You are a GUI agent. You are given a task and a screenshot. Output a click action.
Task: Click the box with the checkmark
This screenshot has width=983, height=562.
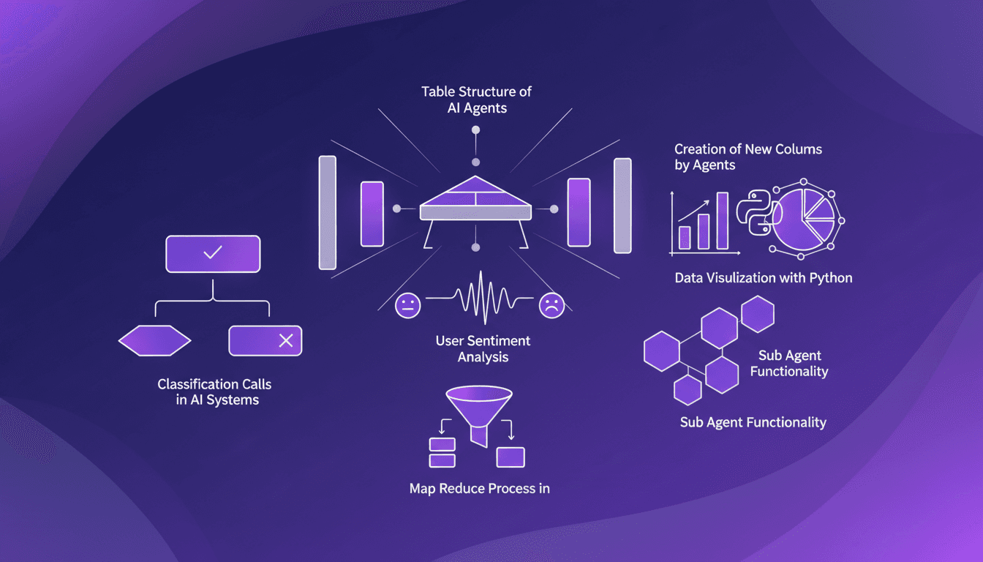click(213, 254)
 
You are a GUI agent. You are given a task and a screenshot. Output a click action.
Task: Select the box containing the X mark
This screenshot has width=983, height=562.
click(265, 340)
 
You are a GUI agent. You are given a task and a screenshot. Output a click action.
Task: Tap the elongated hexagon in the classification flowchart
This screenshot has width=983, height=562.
click(154, 340)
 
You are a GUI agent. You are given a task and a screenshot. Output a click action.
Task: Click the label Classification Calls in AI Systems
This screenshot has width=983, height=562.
click(219, 392)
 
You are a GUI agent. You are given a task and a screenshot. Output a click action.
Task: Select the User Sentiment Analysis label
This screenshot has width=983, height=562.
click(483, 349)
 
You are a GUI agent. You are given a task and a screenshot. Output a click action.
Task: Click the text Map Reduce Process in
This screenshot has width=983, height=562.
click(479, 488)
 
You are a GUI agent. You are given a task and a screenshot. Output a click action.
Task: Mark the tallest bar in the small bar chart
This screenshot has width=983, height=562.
click(722, 220)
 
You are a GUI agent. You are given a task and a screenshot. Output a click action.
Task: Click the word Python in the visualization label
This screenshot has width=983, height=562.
click(831, 278)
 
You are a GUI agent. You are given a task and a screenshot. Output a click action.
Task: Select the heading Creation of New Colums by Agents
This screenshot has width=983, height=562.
click(747, 157)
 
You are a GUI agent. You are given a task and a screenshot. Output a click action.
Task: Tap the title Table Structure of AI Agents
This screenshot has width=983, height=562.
click(476, 100)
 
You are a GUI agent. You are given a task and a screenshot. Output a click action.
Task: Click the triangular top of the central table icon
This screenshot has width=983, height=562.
click(476, 192)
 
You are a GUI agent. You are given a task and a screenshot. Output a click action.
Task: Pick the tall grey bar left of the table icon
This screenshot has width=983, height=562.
click(327, 212)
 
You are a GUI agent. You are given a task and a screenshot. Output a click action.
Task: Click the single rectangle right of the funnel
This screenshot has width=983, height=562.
click(511, 457)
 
